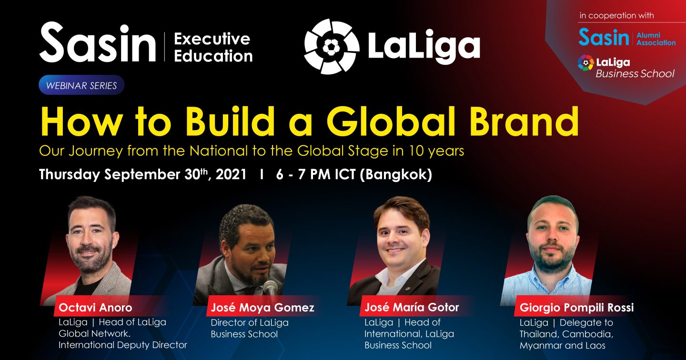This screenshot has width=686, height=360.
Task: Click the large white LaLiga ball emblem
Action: (x=332, y=47)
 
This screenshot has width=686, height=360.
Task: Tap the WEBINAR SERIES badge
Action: (x=81, y=85)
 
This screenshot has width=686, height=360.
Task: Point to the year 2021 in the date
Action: (x=231, y=174)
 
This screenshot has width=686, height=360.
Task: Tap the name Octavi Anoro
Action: (x=95, y=308)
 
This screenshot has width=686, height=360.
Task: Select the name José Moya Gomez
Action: (x=262, y=308)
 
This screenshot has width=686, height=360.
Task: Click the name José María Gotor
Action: (x=412, y=307)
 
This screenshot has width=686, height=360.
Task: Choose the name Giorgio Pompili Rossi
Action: (x=576, y=308)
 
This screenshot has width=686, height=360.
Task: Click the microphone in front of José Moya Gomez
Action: (x=270, y=290)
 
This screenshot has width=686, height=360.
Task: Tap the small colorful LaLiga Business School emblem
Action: (x=585, y=63)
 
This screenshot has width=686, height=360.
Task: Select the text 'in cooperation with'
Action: (x=616, y=16)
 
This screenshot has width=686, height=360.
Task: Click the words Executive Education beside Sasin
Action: (x=213, y=47)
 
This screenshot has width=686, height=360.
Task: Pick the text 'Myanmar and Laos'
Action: (x=562, y=346)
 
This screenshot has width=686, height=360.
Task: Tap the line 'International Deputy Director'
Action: (x=123, y=345)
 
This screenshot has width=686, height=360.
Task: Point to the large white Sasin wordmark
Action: (x=97, y=43)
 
